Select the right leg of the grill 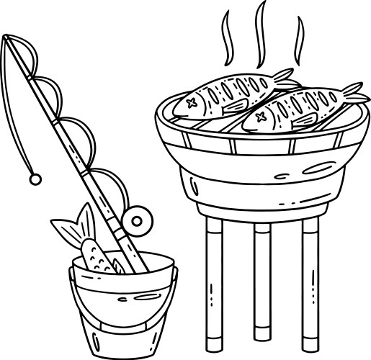[310, 284]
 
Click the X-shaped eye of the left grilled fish [192, 103]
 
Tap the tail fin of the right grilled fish [354, 91]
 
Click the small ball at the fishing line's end [32, 177]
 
